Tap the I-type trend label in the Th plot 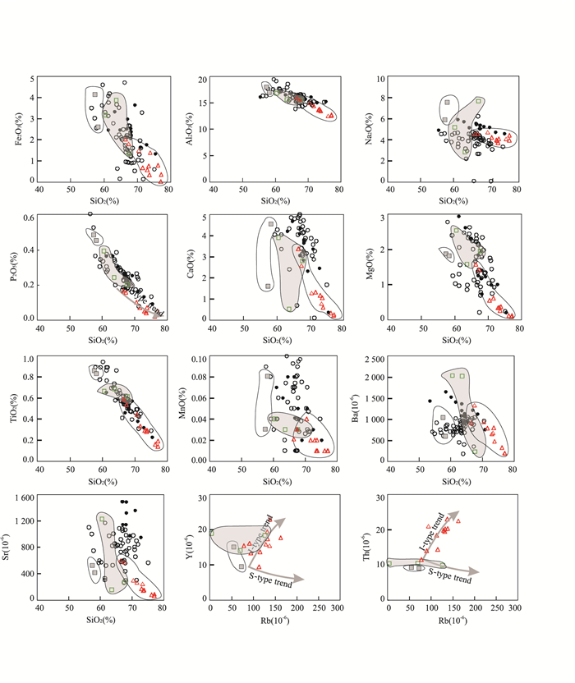(x=436, y=525)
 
